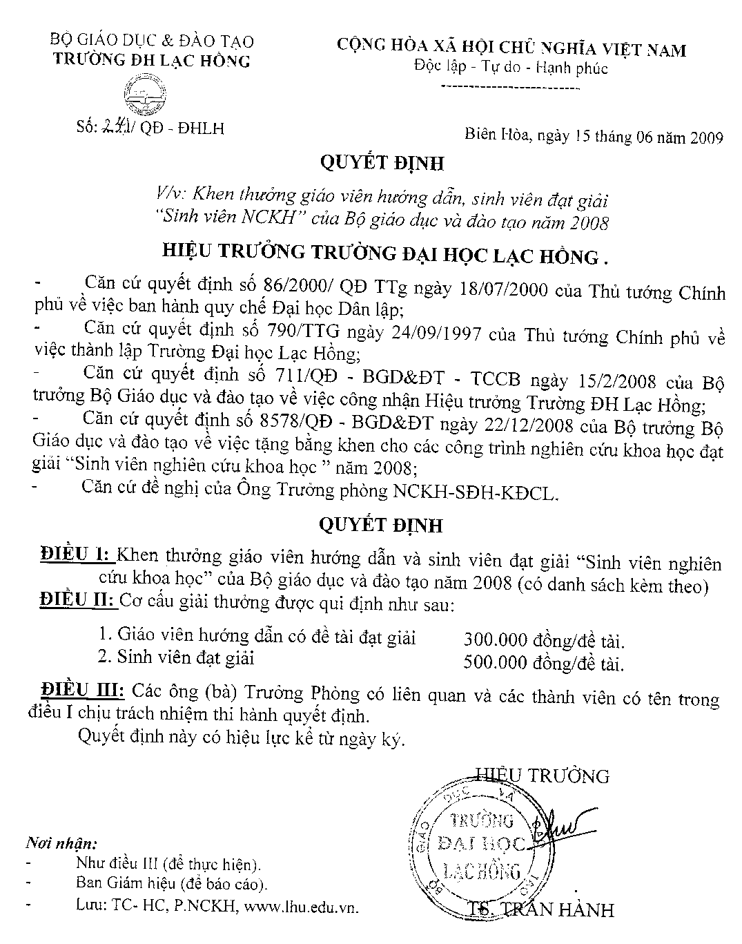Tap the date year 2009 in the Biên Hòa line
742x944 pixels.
tap(705, 137)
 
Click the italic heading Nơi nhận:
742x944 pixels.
tap(61, 844)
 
